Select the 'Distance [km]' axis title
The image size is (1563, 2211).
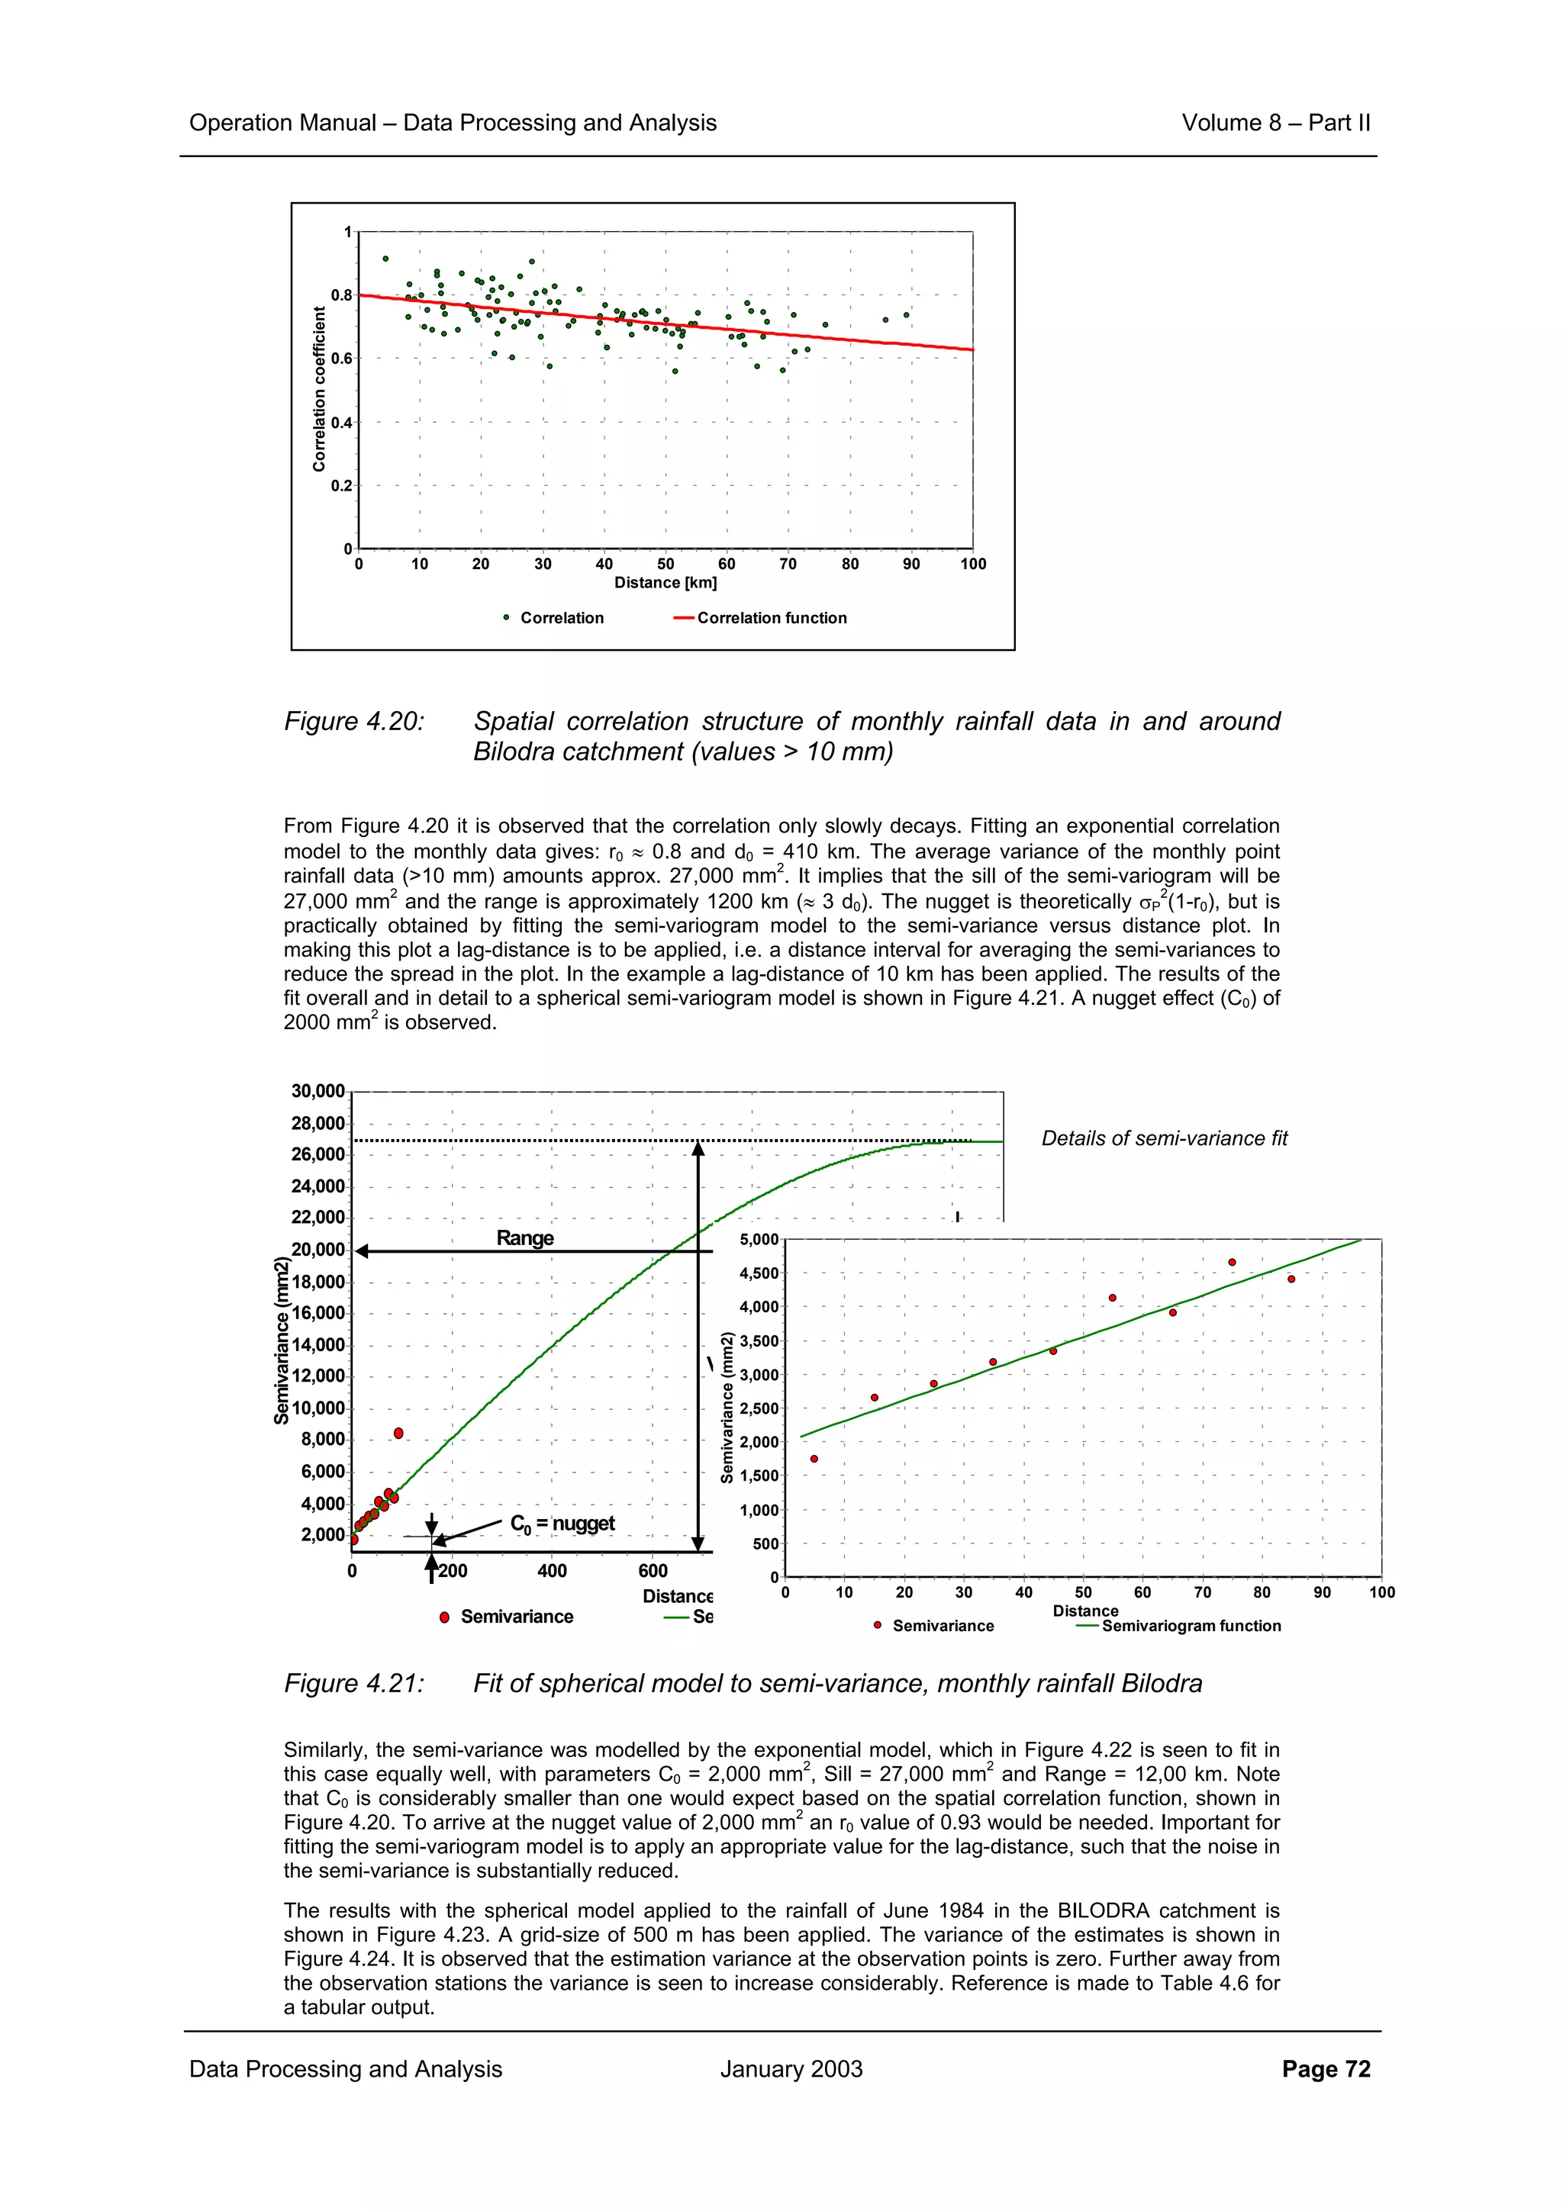[665, 583]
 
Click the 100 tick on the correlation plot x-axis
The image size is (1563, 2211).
[972, 565]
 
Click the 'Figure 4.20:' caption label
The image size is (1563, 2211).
[353, 721]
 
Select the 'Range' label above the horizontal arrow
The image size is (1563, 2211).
[525, 1237]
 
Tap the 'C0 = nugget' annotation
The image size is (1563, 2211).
[562, 1523]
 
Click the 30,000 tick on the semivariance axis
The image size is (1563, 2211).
[317, 1091]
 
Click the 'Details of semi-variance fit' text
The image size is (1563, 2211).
[1163, 1138]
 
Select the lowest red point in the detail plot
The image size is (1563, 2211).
[814, 1459]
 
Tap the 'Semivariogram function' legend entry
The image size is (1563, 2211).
[1191, 1626]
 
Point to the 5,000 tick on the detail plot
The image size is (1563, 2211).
[759, 1239]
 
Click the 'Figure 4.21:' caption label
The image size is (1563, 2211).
[353, 1683]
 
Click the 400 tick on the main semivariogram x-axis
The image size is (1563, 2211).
[552, 1571]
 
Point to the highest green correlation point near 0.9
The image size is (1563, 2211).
[385, 258]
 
